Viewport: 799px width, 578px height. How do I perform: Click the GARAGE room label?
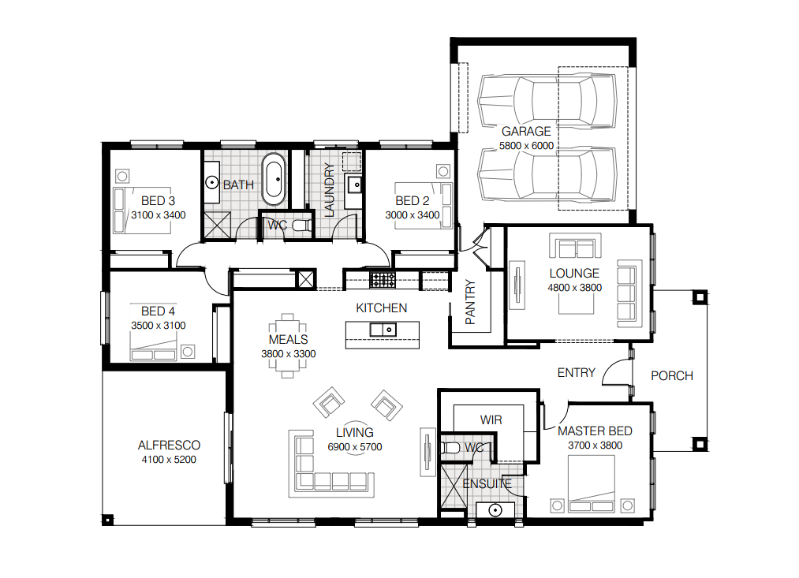click(x=526, y=132)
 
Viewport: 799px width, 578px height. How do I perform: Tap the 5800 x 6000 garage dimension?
click(x=526, y=146)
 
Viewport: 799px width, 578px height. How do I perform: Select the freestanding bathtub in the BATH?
click(x=274, y=179)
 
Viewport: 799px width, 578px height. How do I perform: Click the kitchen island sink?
click(x=383, y=330)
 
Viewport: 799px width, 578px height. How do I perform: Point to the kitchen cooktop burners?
click(x=383, y=280)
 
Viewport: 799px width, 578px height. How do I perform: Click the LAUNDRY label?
click(x=329, y=190)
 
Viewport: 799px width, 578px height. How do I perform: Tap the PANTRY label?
click(x=470, y=302)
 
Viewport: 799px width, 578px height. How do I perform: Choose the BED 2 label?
click(x=413, y=201)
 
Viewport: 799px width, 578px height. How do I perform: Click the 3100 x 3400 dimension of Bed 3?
click(x=158, y=215)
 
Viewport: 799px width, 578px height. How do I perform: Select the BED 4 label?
click(x=158, y=311)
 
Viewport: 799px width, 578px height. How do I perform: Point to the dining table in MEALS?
click(x=288, y=346)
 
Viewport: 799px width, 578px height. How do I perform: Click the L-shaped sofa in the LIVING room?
click(x=331, y=464)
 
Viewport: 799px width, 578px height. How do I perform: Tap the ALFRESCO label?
click(x=169, y=446)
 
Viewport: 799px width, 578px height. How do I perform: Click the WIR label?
click(x=491, y=420)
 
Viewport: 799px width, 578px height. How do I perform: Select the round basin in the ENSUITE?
click(x=495, y=509)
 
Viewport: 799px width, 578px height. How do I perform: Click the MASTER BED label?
click(x=595, y=431)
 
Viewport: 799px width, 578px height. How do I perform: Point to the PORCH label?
click(x=671, y=376)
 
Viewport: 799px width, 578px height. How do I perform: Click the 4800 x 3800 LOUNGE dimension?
click(x=574, y=288)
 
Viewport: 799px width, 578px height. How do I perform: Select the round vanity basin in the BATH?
click(x=211, y=182)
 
